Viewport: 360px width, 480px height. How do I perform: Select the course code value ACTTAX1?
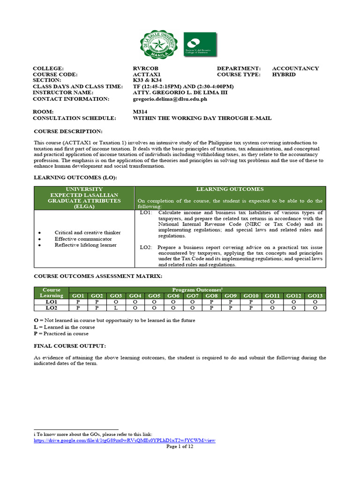point(147,75)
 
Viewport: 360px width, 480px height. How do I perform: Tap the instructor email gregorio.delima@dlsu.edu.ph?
point(170,99)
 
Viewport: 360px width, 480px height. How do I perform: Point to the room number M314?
point(141,112)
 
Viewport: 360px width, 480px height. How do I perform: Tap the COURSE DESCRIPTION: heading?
point(68,132)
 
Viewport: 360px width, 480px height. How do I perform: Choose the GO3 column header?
point(116,296)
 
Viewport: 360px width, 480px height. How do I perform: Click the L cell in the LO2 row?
point(116,308)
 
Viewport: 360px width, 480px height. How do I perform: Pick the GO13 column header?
point(315,296)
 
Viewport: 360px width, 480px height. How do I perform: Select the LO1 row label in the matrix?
point(52,302)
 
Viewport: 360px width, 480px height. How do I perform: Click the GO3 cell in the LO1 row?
point(116,302)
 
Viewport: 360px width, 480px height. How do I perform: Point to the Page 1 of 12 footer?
point(180,447)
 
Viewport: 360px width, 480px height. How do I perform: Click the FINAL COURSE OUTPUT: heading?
point(70,346)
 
